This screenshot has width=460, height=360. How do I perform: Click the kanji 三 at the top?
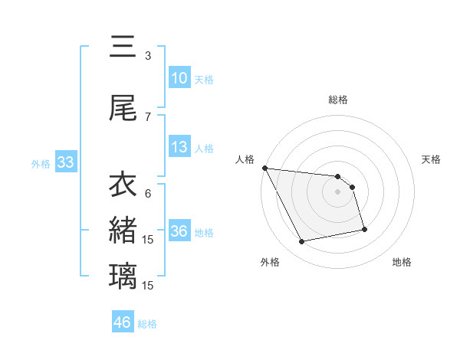[x=123, y=47]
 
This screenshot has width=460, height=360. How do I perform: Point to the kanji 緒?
[x=123, y=229]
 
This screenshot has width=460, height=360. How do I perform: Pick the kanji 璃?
[x=123, y=273]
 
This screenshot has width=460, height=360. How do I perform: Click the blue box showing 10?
[x=179, y=78]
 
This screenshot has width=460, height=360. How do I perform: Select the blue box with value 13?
[x=179, y=147]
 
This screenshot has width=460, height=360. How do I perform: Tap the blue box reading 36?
[x=179, y=231]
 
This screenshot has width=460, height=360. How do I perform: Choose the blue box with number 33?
[x=65, y=162]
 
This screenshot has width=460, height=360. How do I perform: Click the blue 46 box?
[x=123, y=322]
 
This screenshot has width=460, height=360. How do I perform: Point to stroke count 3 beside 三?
[x=148, y=56]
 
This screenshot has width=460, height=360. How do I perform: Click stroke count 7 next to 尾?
[x=148, y=116]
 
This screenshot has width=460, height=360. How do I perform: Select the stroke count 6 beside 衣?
[x=148, y=193]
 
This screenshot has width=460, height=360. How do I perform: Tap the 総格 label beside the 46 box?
[x=147, y=324]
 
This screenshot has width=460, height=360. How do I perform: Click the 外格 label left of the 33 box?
[x=41, y=163]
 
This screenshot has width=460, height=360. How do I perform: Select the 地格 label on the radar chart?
[x=402, y=262]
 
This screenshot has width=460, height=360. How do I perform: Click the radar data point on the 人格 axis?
[x=264, y=168]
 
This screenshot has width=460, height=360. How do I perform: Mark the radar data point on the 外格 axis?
[x=302, y=242]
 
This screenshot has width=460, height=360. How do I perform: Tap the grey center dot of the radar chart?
[x=337, y=191]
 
